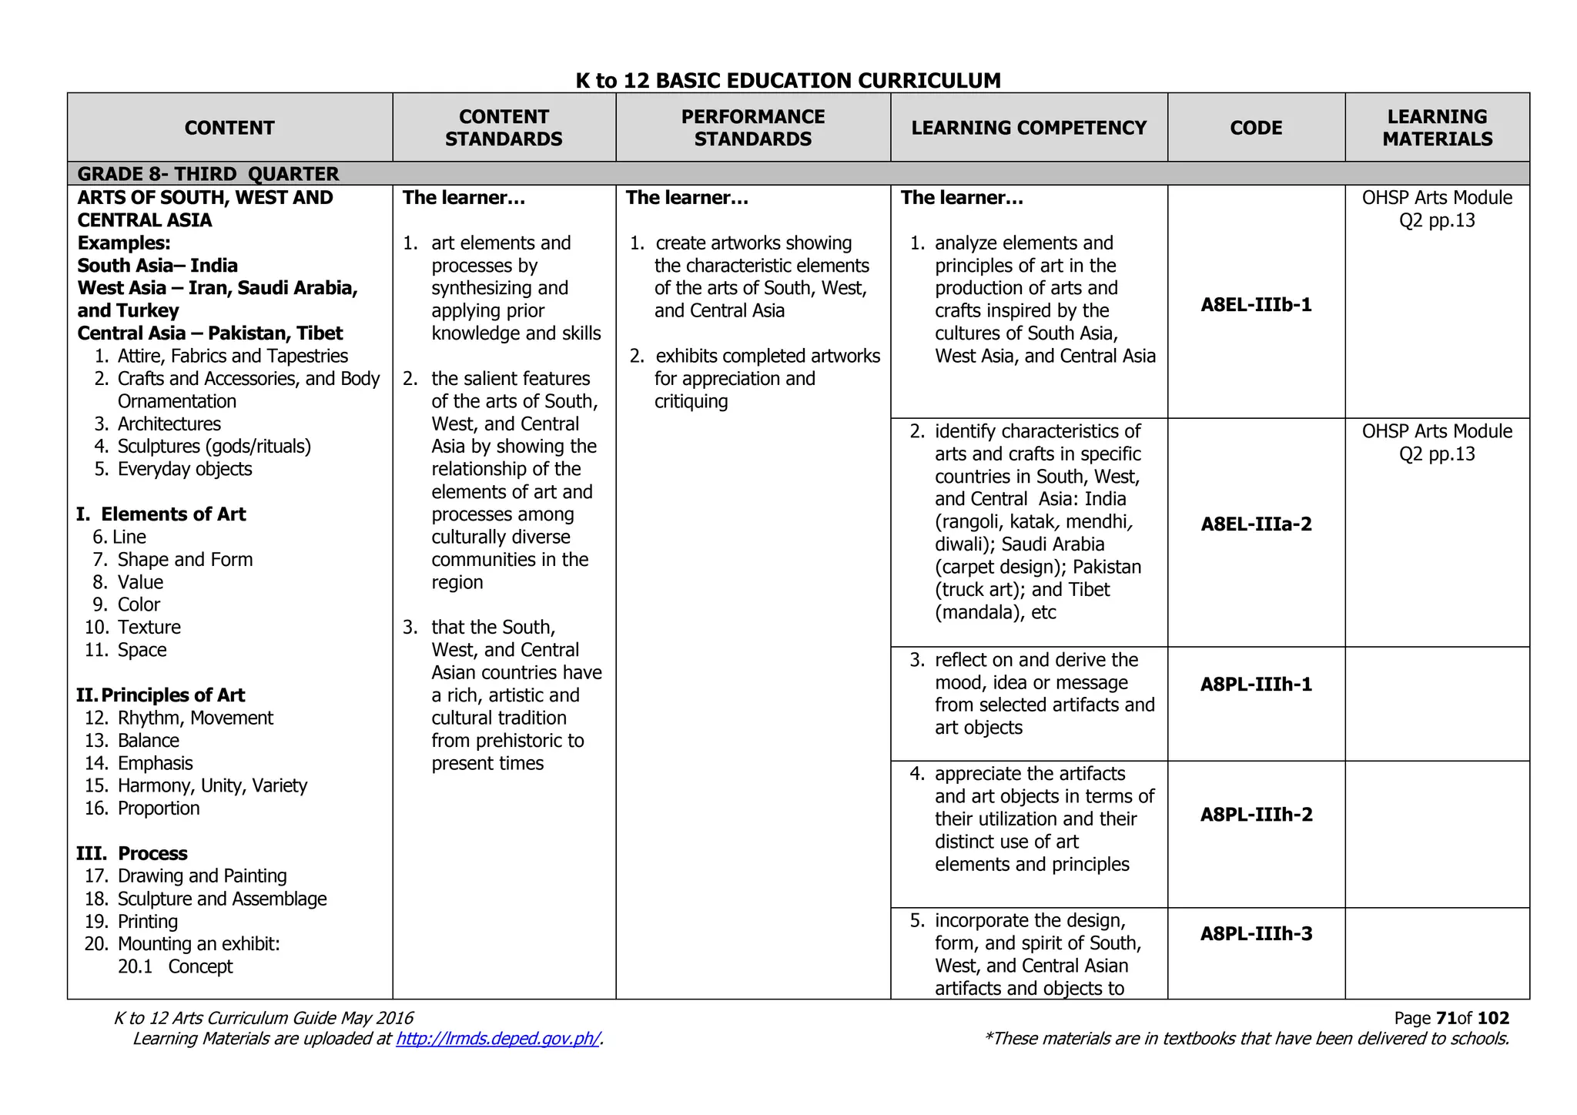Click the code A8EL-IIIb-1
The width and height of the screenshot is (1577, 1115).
(1256, 305)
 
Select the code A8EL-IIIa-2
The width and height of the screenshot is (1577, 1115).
(1256, 524)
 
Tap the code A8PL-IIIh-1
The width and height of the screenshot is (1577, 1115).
(1256, 685)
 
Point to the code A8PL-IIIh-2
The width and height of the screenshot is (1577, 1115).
(1256, 815)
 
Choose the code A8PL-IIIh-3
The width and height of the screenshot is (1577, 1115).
(1256, 934)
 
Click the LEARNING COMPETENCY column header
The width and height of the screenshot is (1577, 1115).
(1029, 128)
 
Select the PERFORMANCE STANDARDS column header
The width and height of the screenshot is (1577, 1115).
(752, 128)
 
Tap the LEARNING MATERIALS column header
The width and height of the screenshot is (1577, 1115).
(1437, 128)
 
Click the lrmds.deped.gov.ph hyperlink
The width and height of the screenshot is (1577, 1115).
(497, 1039)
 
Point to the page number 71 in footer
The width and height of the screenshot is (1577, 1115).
(1445, 1018)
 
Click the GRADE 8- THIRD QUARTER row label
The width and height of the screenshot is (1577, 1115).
(208, 174)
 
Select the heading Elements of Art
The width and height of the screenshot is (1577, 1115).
(172, 514)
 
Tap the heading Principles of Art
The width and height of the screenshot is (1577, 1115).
(172, 695)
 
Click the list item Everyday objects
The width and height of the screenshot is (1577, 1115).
(184, 469)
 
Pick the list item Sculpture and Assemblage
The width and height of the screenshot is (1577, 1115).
(222, 899)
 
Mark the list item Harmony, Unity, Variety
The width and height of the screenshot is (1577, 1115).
(212, 785)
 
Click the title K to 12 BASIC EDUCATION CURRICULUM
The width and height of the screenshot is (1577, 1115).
(788, 81)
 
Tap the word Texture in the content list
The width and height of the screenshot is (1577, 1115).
(149, 628)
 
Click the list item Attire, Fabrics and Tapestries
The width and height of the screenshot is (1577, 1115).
(232, 356)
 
